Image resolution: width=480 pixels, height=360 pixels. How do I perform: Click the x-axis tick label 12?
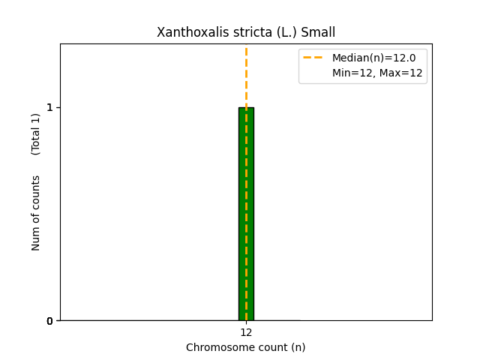pos(246,332)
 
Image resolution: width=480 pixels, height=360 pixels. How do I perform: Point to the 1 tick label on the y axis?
pos(50,107)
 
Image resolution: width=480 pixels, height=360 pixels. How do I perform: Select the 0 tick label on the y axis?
pos(50,321)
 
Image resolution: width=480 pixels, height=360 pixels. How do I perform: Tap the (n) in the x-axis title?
pos(298,347)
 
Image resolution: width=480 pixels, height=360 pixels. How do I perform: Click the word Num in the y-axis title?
pos(36,238)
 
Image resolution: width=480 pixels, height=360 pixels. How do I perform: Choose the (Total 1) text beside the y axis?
pos(36,134)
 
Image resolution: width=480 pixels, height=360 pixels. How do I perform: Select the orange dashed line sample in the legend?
pos(313,58)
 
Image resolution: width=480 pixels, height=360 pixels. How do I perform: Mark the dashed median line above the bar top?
pos(246,75)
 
